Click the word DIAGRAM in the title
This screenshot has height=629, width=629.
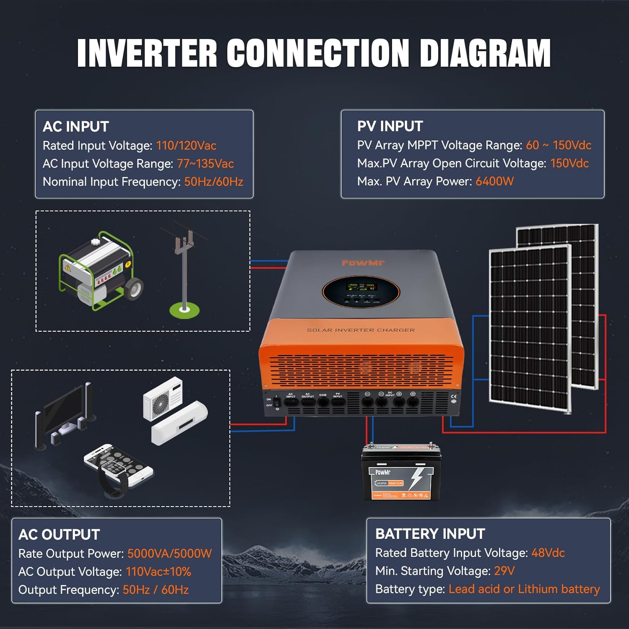tap(485, 53)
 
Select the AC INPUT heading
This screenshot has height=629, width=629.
tap(76, 127)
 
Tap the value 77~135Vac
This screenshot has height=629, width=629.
tap(205, 164)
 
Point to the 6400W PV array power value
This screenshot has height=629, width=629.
tap(494, 181)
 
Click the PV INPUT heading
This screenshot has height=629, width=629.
tap(390, 126)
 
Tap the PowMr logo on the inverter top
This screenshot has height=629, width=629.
tap(363, 263)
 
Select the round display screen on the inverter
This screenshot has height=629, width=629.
tap(361, 291)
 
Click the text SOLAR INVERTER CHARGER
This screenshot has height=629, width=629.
tap(361, 330)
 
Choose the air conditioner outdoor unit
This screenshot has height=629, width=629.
tap(163, 398)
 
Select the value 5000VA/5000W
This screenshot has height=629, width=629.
tap(169, 554)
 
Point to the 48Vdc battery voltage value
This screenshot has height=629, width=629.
tap(548, 553)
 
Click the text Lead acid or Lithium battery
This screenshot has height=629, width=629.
tap(524, 589)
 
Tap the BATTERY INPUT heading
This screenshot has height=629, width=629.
tap(430, 534)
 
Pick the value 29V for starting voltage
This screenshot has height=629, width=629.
tap(504, 571)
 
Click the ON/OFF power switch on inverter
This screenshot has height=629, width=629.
tap(276, 401)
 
